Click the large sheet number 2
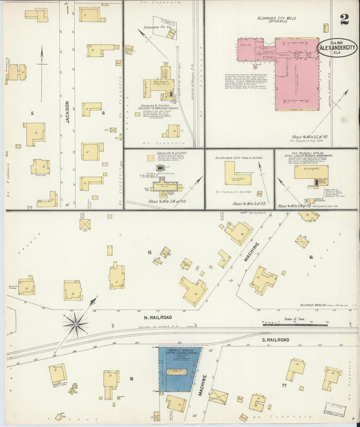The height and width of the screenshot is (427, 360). pos(344,19)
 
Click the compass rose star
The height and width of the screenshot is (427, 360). pos(76,324)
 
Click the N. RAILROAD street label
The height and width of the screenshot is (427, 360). pos(158,317)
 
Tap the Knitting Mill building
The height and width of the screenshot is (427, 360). pos(311,172)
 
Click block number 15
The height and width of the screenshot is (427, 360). pos(149,252)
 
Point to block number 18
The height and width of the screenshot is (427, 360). pos(131,379)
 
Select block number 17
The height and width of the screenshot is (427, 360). pos(284,385)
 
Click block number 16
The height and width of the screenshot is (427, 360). pos(311,257)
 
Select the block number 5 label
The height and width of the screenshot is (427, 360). pos(32,114)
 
